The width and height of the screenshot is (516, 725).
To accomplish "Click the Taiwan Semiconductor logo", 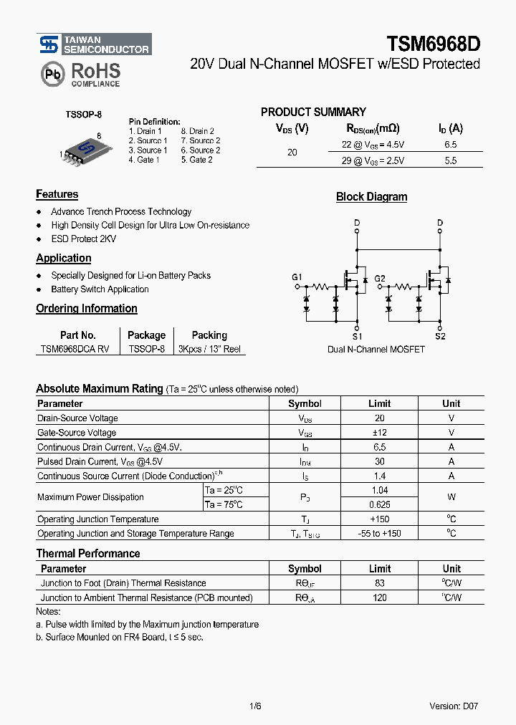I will (x=94, y=44).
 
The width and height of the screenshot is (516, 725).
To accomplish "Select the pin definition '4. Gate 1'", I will (x=144, y=160).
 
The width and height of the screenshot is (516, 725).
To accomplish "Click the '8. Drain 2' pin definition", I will (x=197, y=131).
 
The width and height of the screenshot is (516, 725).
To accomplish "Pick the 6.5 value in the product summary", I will (x=450, y=144).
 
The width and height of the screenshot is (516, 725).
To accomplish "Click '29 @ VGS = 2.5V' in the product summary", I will (x=373, y=161).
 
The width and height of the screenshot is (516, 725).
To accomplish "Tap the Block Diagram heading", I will (x=371, y=197).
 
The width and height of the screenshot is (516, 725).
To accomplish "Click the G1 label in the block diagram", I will (x=297, y=277).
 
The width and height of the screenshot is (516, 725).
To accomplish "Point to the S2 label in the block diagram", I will (x=440, y=336).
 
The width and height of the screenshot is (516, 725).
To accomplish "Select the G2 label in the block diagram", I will (x=380, y=278).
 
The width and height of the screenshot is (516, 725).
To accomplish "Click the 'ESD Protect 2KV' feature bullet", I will (x=83, y=239).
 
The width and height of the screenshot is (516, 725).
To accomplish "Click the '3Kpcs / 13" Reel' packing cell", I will (x=209, y=349).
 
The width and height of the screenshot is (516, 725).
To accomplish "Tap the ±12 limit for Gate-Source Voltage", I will (x=380, y=433).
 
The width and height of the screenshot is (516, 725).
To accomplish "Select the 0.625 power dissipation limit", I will (x=380, y=504).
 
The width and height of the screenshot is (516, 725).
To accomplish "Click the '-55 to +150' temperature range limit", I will (x=380, y=533).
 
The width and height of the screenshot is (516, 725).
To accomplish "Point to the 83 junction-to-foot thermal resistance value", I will (x=380, y=583).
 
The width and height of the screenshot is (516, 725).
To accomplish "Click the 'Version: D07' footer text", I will (x=454, y=706).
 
